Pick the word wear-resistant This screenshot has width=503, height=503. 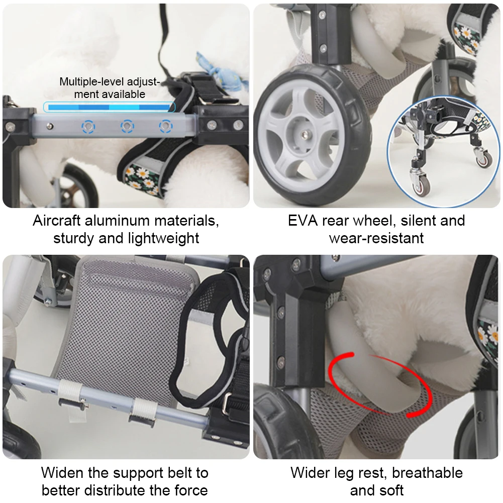(376, 238)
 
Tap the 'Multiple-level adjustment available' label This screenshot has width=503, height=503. (109, 87)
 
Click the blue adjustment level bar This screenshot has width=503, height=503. (109, 107)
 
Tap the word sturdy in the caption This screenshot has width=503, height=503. (73, 238)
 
